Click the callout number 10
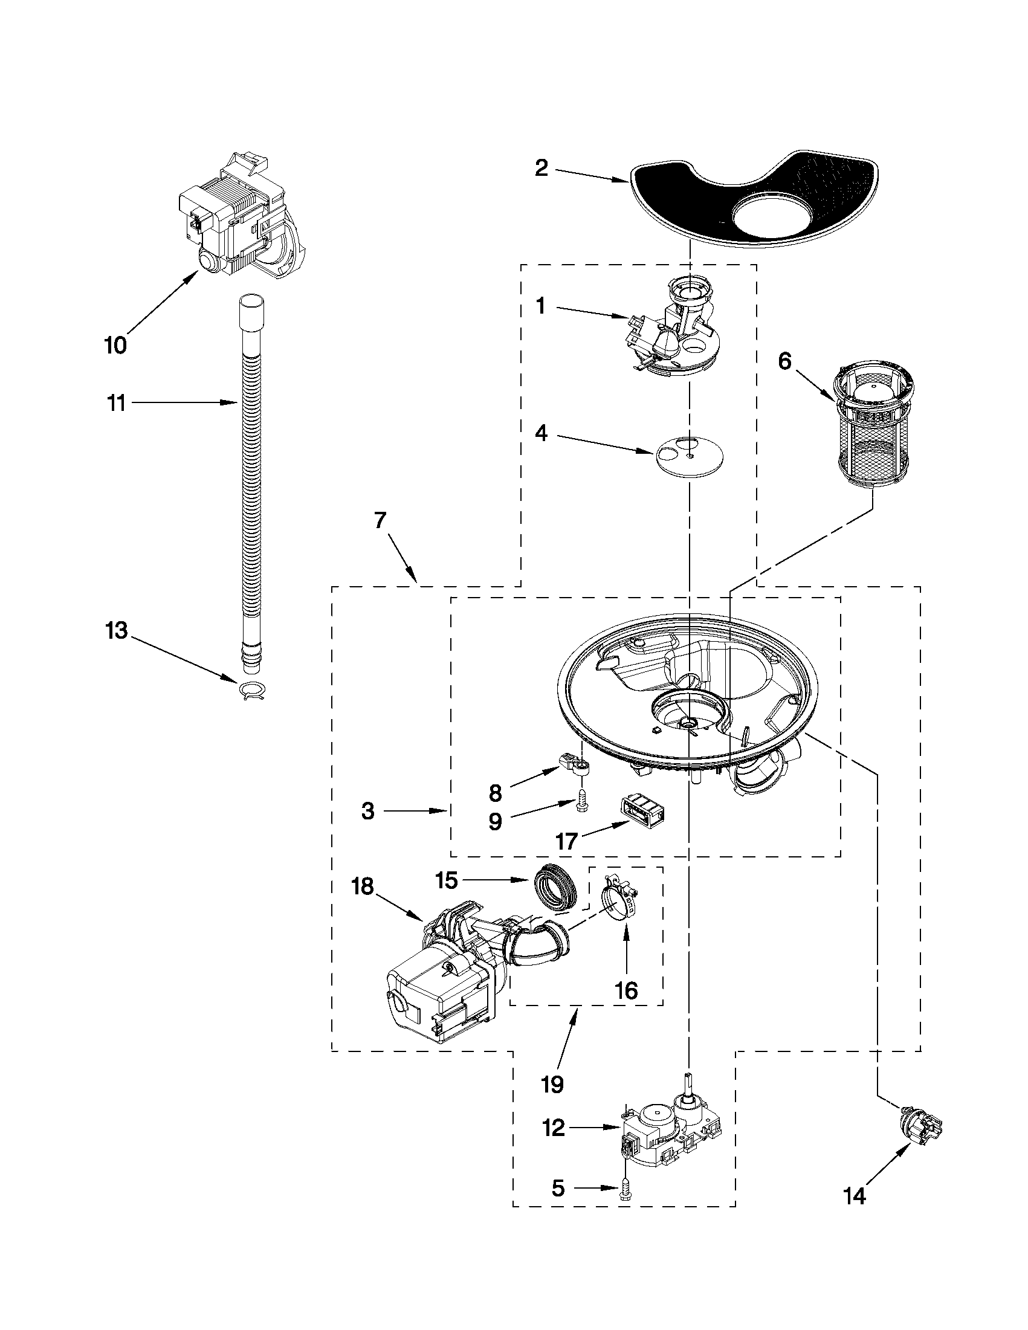pos(115,345)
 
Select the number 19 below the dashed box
pos(552,1083)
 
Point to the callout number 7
pos(381,521)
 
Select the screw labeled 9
pos(581,808)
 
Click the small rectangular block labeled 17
pos(641,811)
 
